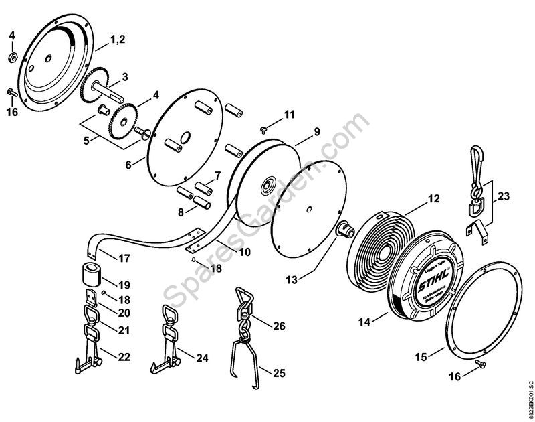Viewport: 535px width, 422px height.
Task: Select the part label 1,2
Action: pyautogui.click(x=117, y=40)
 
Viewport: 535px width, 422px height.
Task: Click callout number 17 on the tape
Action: pyautogui.click(x=124, y=257)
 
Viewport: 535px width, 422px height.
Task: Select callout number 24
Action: pyautogui.click(x=201, y=358)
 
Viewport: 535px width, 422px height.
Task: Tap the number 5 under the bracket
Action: pyautogui.click(x=85, y=141)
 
